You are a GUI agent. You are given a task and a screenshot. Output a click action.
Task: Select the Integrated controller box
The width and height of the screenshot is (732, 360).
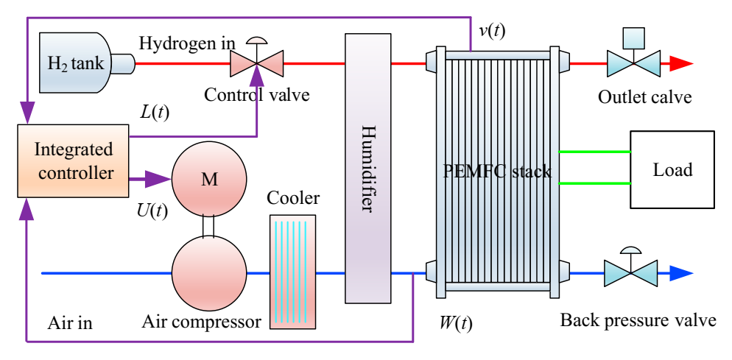(x=73, y=161)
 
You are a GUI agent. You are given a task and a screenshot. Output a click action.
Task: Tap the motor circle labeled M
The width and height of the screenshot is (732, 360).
(x=209, y=179)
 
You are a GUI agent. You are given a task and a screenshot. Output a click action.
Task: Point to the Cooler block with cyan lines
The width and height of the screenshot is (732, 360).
(x=292, y=271)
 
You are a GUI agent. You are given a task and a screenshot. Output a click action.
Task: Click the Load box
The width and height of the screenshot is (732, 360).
(x=672, y=170)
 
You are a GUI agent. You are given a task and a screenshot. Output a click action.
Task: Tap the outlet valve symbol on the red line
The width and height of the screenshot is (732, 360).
(x=633, y=62)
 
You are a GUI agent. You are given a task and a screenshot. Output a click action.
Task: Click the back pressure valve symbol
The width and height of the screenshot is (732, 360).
(x=632, y=272)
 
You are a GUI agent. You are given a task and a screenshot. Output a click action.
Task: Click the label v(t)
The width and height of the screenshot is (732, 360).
(x=491, y=30)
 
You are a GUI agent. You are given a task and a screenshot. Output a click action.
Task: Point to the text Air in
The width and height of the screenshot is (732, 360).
(x=71, y=322)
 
